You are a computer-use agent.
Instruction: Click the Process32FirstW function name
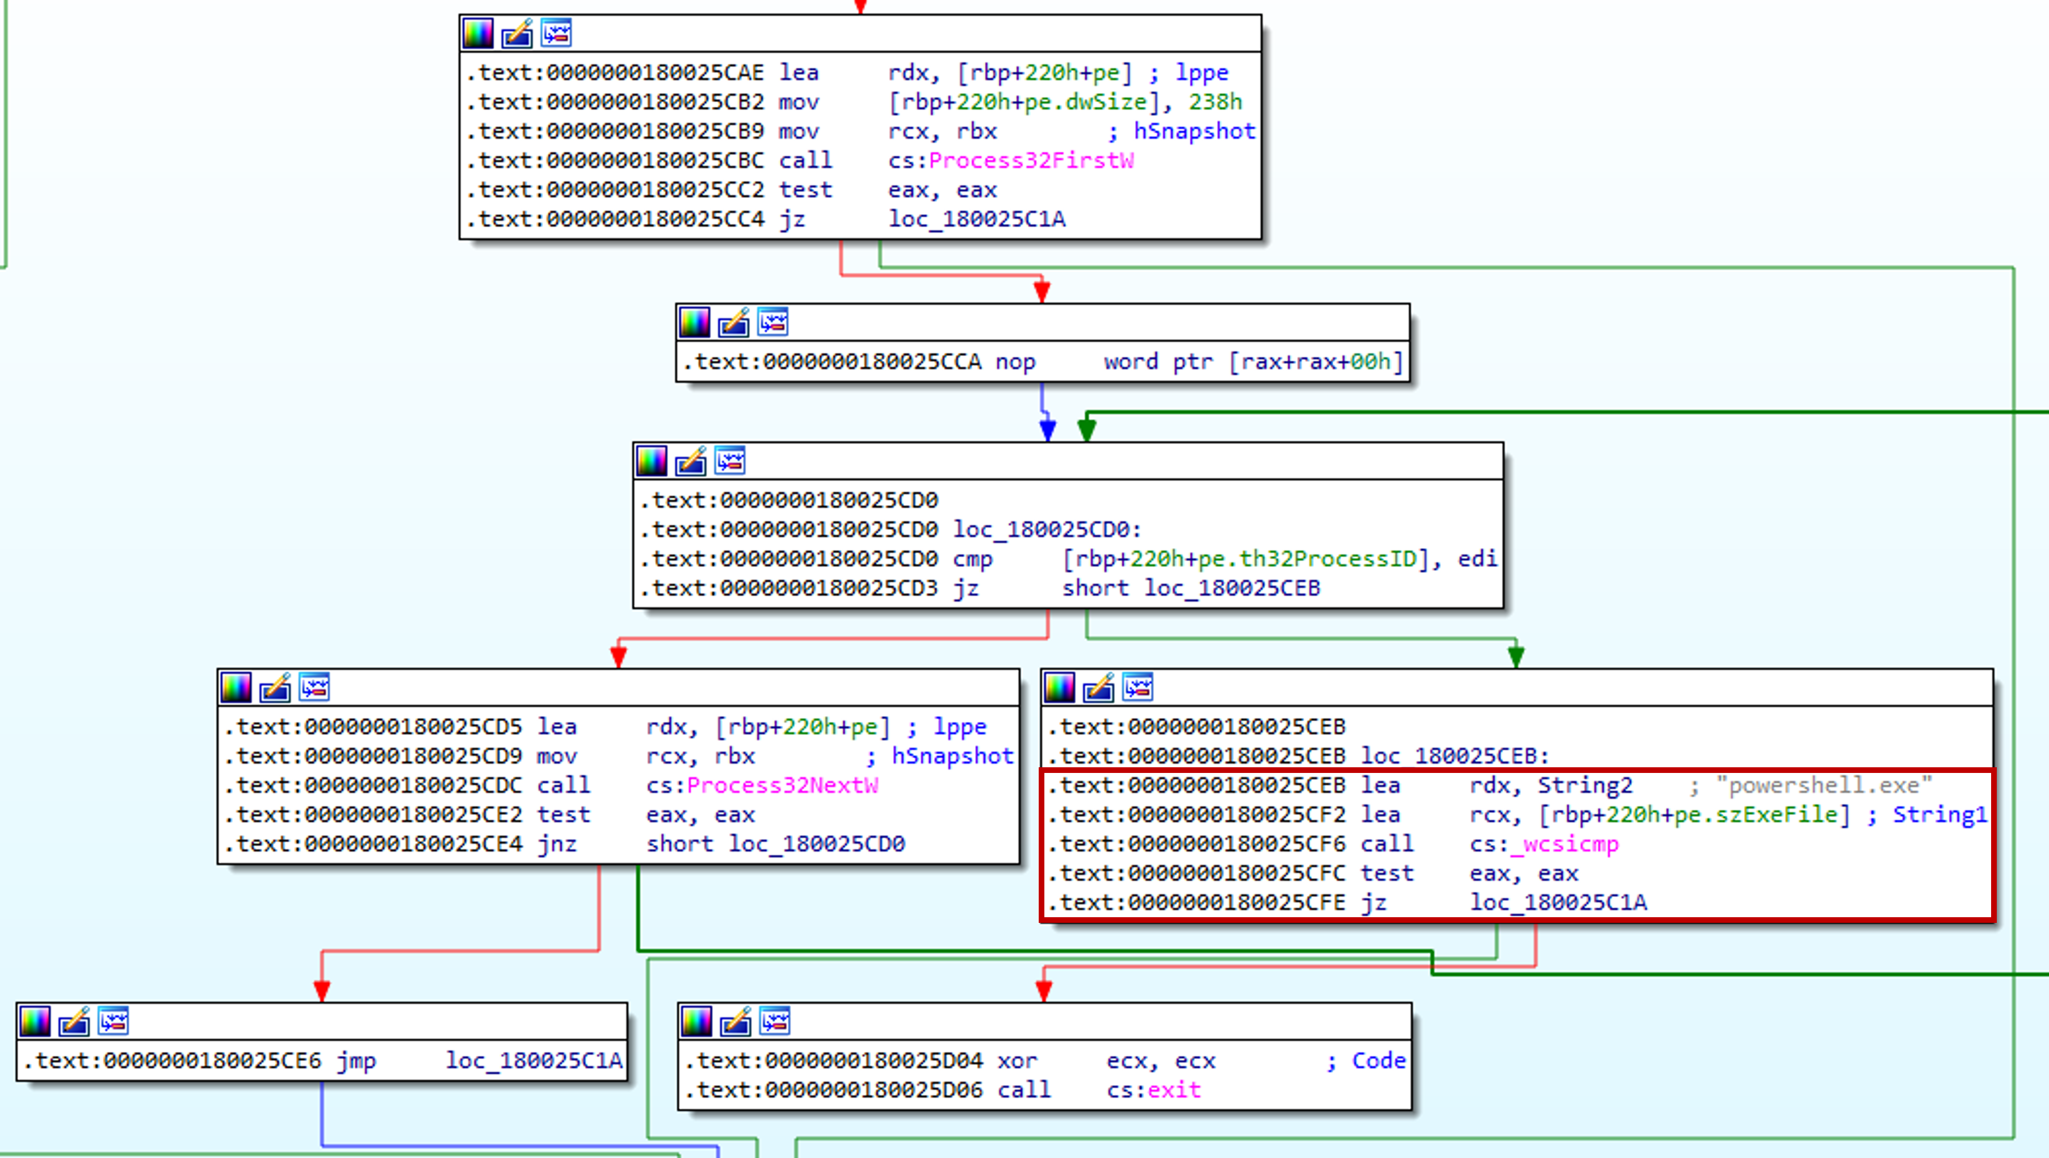1031,161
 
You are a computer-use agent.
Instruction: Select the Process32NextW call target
782,785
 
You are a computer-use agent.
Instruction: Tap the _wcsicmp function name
1563,845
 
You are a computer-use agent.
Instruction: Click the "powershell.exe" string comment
1823,785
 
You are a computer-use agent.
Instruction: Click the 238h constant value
1215,102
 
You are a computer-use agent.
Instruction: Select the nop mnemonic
1015,362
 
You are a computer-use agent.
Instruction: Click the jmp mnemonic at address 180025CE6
355,1061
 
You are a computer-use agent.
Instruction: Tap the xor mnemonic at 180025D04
1017,1061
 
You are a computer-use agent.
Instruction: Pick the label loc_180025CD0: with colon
1048,529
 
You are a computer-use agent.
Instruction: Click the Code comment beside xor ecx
1379,1061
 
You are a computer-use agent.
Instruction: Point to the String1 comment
1939,815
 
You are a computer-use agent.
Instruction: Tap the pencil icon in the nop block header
733,323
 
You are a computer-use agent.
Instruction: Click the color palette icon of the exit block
696,1021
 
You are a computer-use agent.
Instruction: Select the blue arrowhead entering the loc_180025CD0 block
1048,430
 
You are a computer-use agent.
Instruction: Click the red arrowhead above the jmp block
322,991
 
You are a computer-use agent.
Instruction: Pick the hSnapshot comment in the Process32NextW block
952,756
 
